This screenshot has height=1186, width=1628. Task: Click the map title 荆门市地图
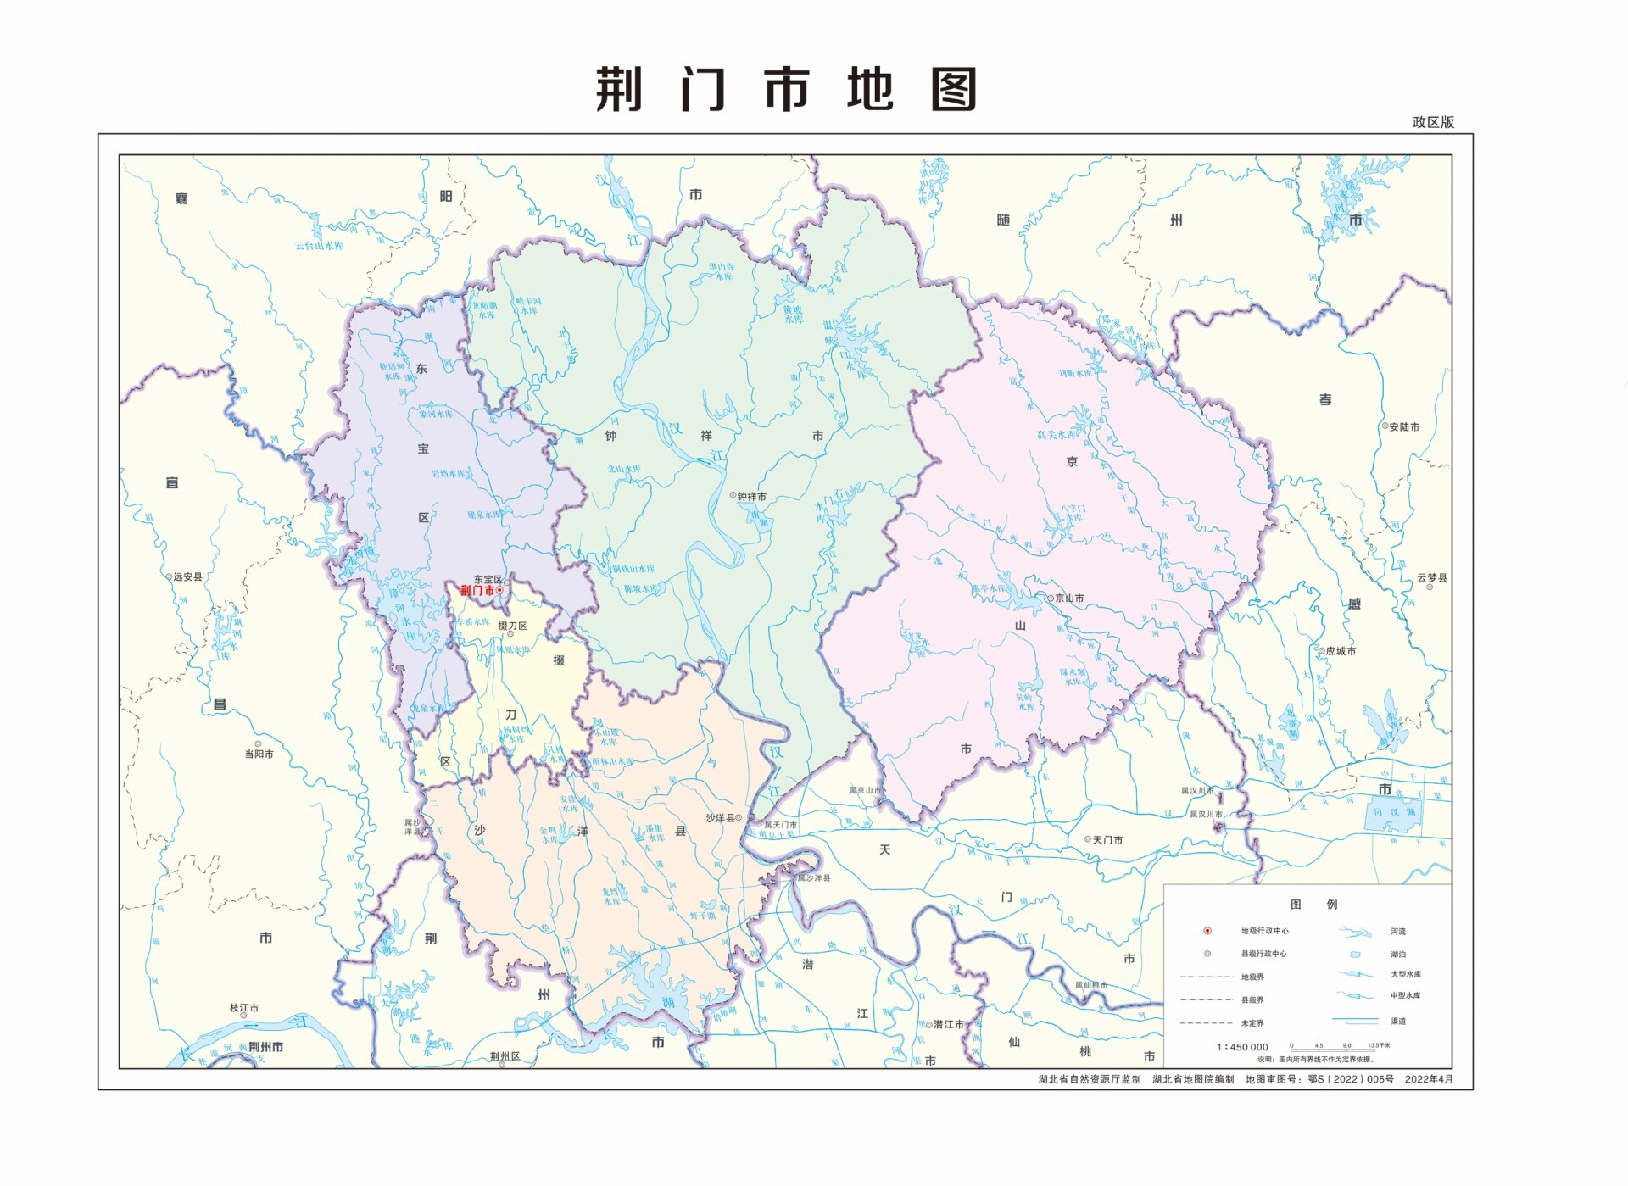786,90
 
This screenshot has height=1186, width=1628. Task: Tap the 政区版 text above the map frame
1433,122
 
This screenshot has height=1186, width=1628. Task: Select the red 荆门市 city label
477,590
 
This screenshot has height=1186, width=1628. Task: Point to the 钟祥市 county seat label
751,497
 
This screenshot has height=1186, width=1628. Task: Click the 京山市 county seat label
1069,599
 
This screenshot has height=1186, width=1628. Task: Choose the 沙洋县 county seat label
721,818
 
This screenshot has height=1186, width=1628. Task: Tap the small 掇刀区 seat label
512,626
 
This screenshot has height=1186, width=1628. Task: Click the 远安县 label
187,576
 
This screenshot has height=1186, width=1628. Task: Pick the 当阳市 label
259,754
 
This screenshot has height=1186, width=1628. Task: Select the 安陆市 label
1404,426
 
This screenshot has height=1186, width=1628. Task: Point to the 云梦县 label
1432,577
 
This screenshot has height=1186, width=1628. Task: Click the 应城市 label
1341,651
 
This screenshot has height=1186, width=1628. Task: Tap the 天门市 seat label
1107,839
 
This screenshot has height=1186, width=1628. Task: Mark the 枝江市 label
244,1008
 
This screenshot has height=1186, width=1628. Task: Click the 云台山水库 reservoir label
319,246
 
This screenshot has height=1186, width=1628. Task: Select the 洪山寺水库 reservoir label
722,271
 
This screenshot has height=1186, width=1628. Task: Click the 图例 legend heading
1313,905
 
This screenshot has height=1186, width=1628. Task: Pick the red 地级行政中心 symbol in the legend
1207,931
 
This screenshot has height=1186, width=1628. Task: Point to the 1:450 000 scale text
1242,1047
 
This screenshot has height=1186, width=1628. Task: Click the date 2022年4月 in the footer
1429,1079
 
